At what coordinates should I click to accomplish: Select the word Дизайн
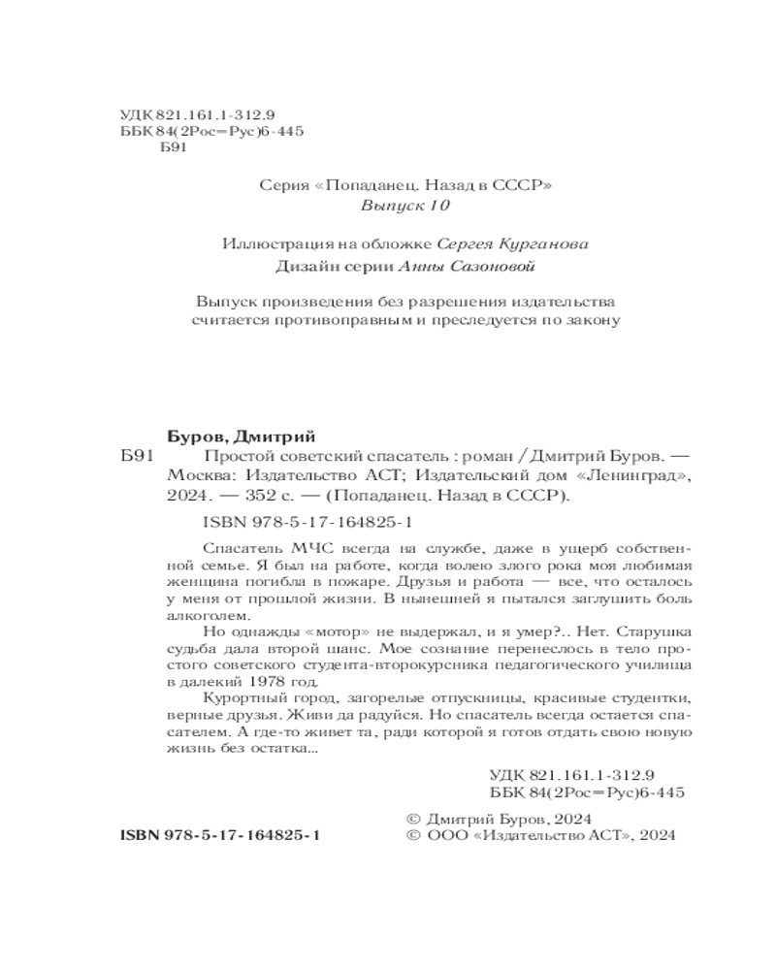point(301,266)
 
